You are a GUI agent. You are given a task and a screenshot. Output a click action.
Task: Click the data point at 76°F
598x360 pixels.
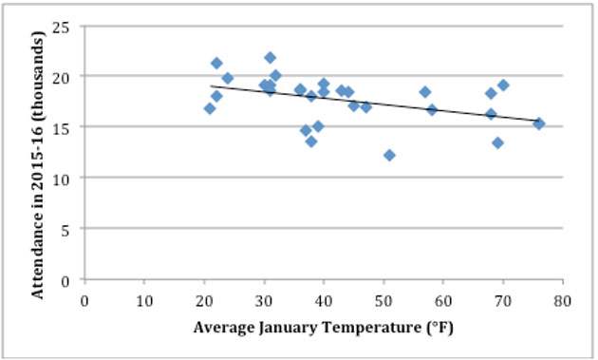539,123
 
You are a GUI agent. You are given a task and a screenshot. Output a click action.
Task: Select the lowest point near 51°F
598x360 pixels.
389,155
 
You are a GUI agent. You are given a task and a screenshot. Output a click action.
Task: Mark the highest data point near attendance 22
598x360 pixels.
270,58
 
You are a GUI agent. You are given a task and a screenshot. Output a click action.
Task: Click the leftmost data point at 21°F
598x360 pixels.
210,108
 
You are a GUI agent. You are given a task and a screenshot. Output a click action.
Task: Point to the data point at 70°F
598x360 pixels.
503,85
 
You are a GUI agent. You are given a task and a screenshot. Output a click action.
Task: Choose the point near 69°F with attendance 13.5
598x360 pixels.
497,142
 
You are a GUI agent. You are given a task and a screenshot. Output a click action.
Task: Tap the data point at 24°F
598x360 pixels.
228,78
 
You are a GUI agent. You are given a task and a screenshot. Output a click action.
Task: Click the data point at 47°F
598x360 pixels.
365,106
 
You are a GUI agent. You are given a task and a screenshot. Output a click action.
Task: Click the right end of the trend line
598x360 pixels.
539,121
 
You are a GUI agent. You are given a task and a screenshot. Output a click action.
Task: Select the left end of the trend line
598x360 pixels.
211,85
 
